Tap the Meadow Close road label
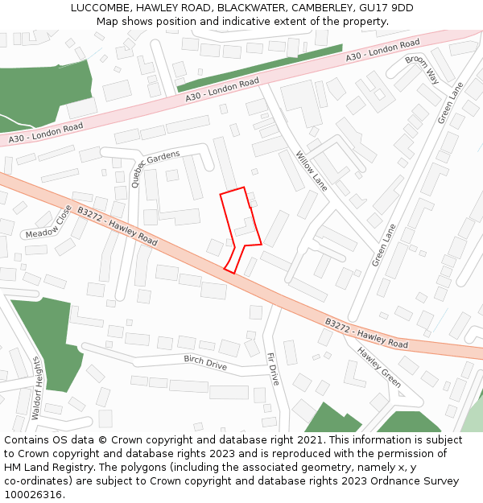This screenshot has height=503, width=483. pos(48,225)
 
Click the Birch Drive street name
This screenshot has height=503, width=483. pos(205,362)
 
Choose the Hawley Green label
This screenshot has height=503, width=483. pos(379,367)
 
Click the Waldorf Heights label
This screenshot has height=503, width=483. pos(36,388)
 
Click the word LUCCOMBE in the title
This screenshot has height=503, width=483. pos(97,8)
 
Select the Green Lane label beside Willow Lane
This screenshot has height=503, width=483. pos(384,245)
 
